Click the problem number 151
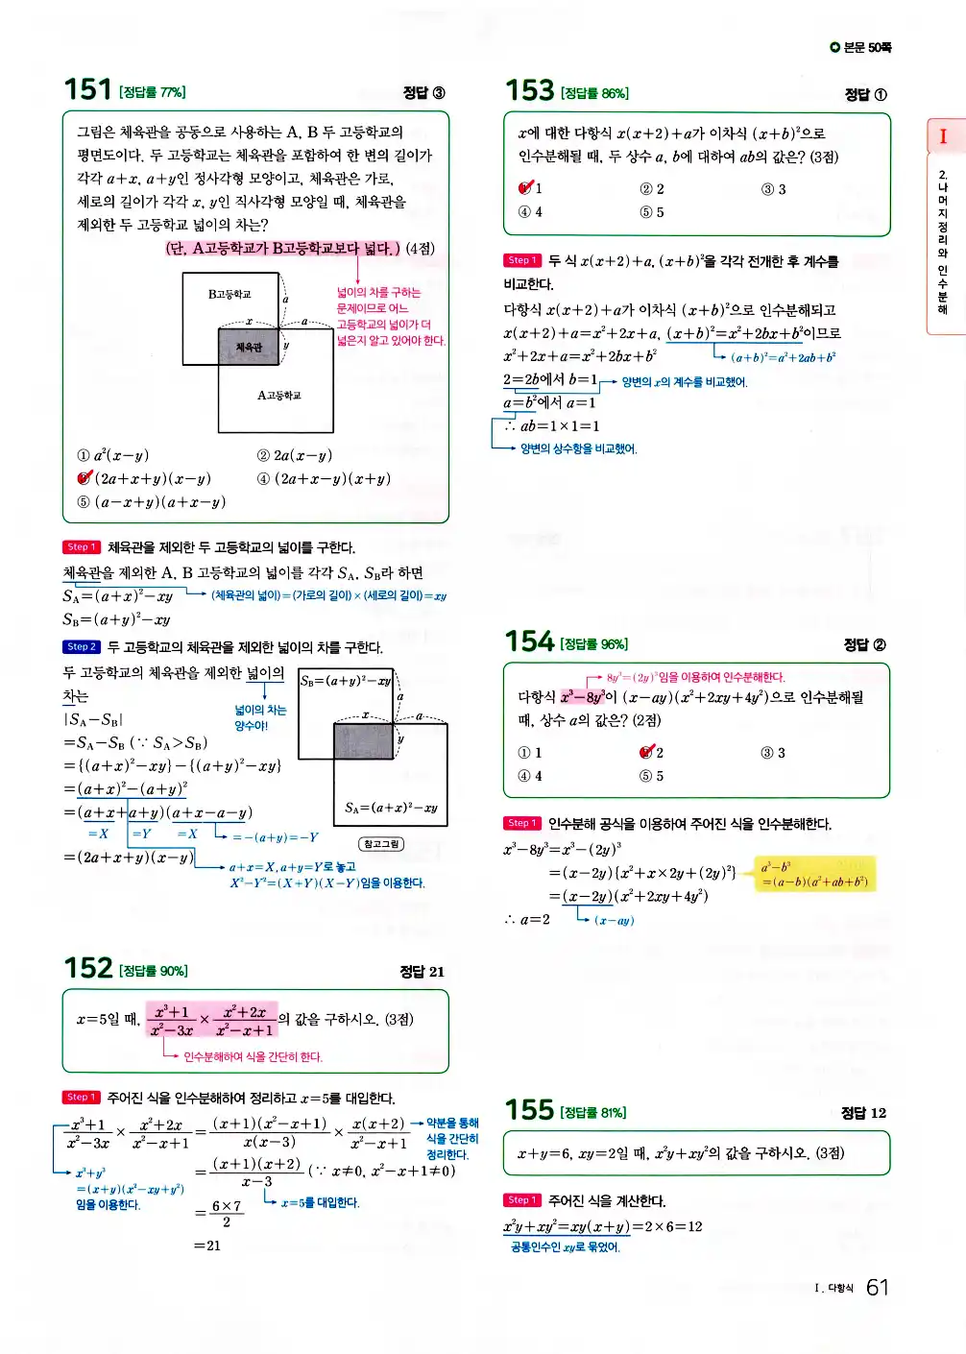[x=87, y=89]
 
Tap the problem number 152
[x=87, y=968]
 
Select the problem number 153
[x=529, y=91]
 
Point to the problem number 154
[x=529, y=641]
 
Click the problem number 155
[x=529, y=1110]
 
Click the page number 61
[x=877, y=1288]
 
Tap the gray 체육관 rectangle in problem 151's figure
[x=249, y=347]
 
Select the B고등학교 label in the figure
[x=229, y=294]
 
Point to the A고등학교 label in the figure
[x=278, y=395]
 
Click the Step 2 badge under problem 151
[x=82, y=647]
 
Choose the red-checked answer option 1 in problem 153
[x=527, y=188]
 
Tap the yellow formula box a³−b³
[x=814, y=874]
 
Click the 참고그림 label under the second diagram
[x=381, y=844]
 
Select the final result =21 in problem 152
[x=207, y=1245]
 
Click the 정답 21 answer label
[x=423, y=972]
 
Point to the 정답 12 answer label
[x=863, y=1113]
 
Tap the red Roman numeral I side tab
[x=943, y=136]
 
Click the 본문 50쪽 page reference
[x=861, y=47]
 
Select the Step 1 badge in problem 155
[x=521, y=1200]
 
